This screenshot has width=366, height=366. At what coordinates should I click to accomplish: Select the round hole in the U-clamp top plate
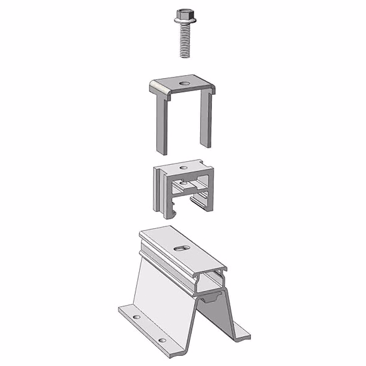184,83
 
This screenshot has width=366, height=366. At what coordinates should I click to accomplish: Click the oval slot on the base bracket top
181,249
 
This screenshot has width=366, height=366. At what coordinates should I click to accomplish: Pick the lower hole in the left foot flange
163,340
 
